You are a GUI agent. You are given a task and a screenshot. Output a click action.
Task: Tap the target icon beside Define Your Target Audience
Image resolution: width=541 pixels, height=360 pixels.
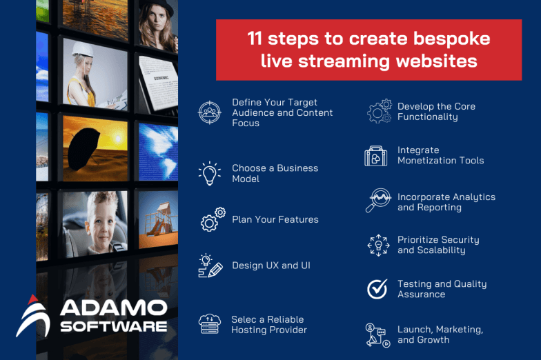pyautogui.click(x=210, y=112)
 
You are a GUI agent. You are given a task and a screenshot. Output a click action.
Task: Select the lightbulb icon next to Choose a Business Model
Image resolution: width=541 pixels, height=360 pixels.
pyautogui.click(x=210, y=173)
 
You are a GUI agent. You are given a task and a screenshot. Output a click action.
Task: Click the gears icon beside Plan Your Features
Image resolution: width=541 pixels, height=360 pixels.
pyautogui.click(x=212, y=219)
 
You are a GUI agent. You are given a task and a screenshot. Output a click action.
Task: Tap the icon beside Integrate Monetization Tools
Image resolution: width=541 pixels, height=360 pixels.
pyautogui.click(x=376, y=156)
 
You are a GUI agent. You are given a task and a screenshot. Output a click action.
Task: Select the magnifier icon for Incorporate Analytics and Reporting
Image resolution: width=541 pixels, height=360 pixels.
pyautogui.click(x=377, y=201)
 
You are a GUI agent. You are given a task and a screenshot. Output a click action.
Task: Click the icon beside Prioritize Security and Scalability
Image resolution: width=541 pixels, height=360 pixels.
pyautogui.click(x=378, y=245)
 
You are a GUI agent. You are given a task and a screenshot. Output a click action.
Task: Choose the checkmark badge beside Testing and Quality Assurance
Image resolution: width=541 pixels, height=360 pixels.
pyautogui.click(x=377, y=289)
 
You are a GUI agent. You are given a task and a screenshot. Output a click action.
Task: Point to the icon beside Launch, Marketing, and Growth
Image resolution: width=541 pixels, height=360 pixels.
pyautogui.click(x=377, y=334)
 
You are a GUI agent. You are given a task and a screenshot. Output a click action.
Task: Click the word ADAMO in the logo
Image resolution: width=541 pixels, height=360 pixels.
pyautogui.click(x=113, y=308)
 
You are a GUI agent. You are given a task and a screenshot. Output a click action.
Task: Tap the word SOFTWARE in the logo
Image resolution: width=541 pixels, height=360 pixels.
pyautogui.click(x=113, y=326)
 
